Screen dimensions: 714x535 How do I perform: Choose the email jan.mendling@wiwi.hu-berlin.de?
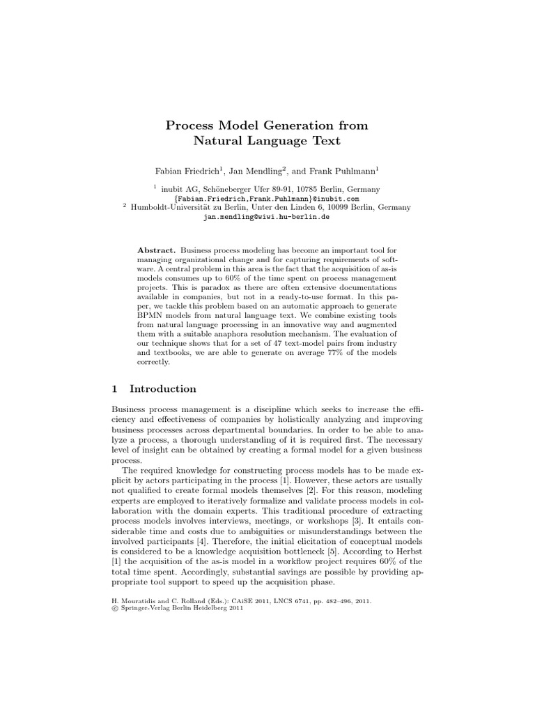[x=267, y=217]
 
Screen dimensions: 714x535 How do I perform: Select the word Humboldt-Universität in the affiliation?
[x=173, y=207]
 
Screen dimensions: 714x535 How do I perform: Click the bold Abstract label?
[x=157, y=250]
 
